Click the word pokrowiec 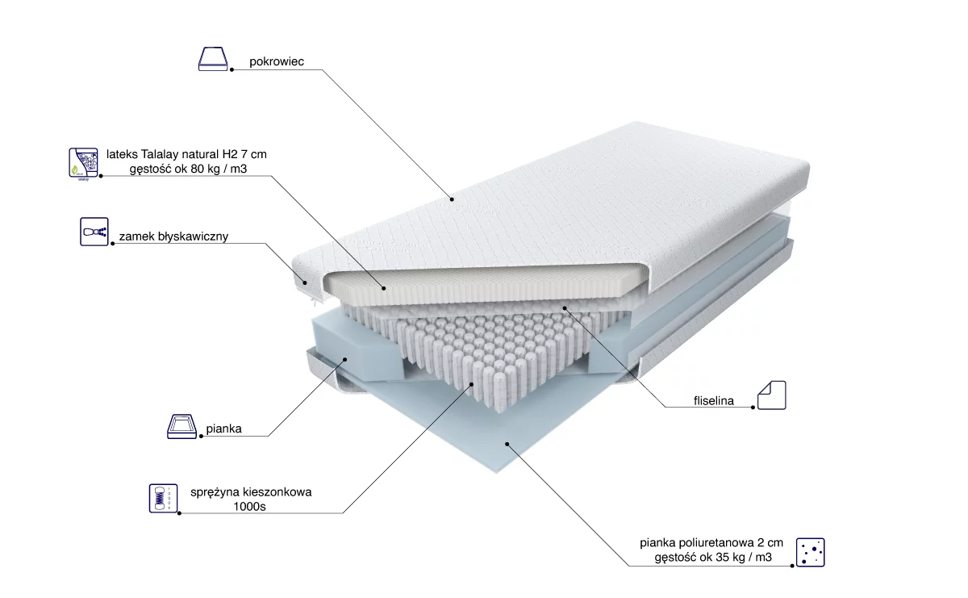click(277, 62)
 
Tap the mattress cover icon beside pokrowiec click(213, 59)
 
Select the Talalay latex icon click(83, 164)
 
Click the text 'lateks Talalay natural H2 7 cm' click(186, 154)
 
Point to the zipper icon click(94, 232)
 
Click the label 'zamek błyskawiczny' click(173, 236)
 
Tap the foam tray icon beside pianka click(182, 426)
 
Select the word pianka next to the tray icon click(224, 429)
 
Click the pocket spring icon click(163, 498)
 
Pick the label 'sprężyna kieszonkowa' click(251, 492)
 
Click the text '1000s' click(250, 507)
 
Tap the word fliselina click(714, 401)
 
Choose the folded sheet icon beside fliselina click(772, 395)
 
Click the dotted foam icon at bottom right click(810, 552)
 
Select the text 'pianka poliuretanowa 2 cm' click(711, 542)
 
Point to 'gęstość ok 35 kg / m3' click(713, 558)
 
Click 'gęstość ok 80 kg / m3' click(189, 169)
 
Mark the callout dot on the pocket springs click(472, 384)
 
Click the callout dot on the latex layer click(384, 288)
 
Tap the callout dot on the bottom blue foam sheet click(507, 444)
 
